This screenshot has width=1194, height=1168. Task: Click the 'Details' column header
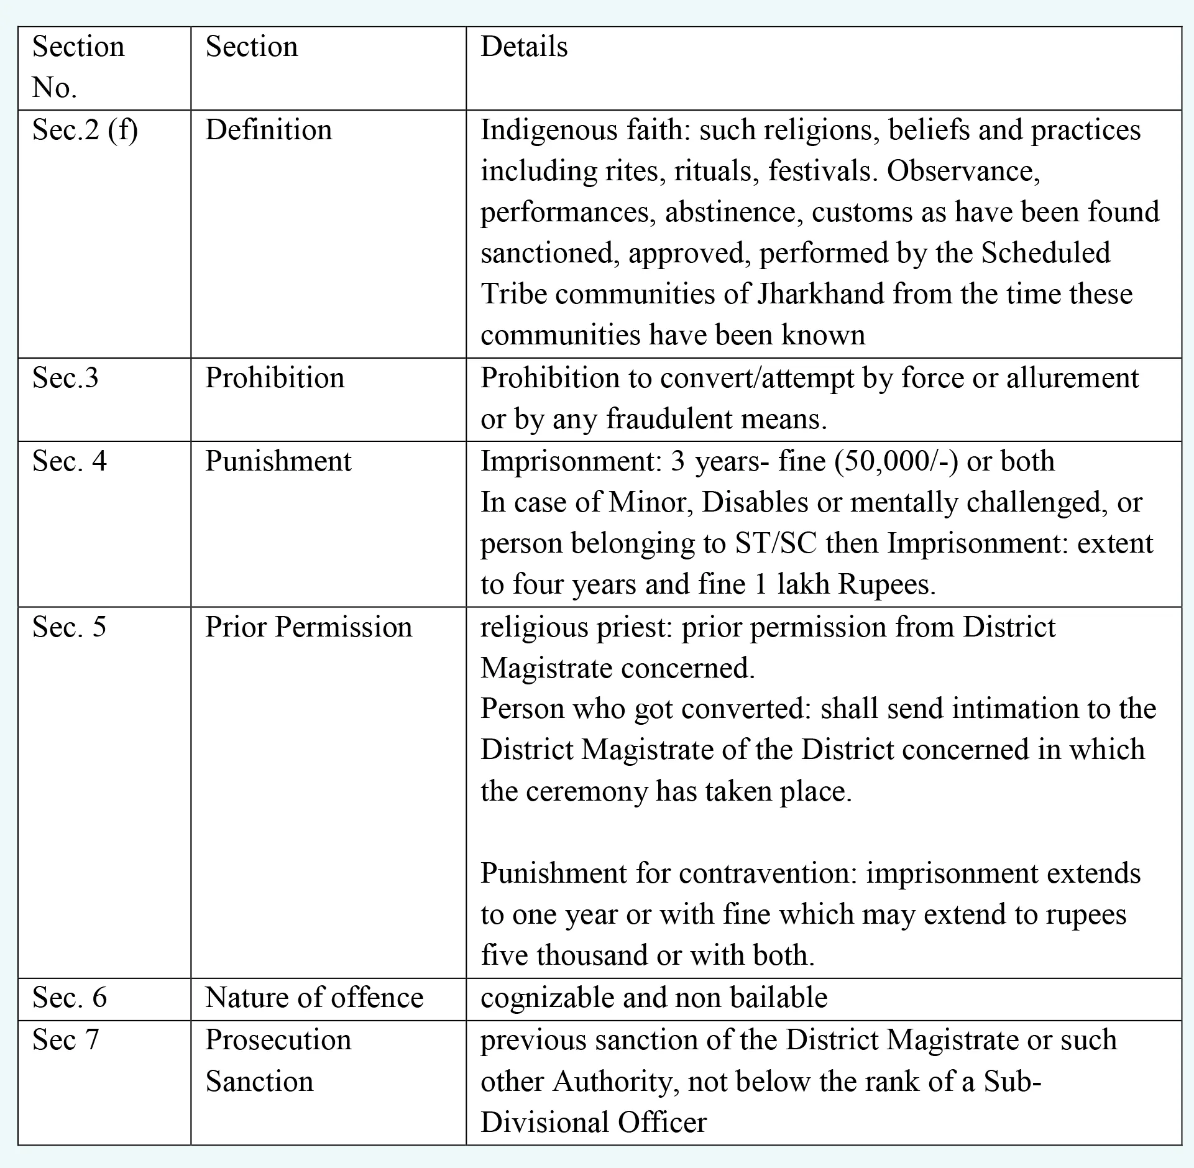524,47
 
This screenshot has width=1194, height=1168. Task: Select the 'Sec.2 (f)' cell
85,131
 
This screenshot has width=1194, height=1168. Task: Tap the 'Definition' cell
269,131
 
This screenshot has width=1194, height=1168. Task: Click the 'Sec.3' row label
65,378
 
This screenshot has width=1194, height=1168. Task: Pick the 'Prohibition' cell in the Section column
275,378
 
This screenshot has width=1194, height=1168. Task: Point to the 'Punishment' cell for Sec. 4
278,461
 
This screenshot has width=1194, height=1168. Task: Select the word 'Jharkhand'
820,294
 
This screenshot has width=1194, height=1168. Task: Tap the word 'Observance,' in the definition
963,171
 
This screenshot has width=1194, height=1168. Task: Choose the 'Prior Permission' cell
308,627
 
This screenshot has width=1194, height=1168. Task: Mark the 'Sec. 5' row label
69,627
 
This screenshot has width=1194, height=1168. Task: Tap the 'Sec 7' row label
65,1040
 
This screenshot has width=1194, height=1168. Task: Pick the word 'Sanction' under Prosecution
259,1082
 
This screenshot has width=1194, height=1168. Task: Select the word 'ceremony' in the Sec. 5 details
586,791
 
